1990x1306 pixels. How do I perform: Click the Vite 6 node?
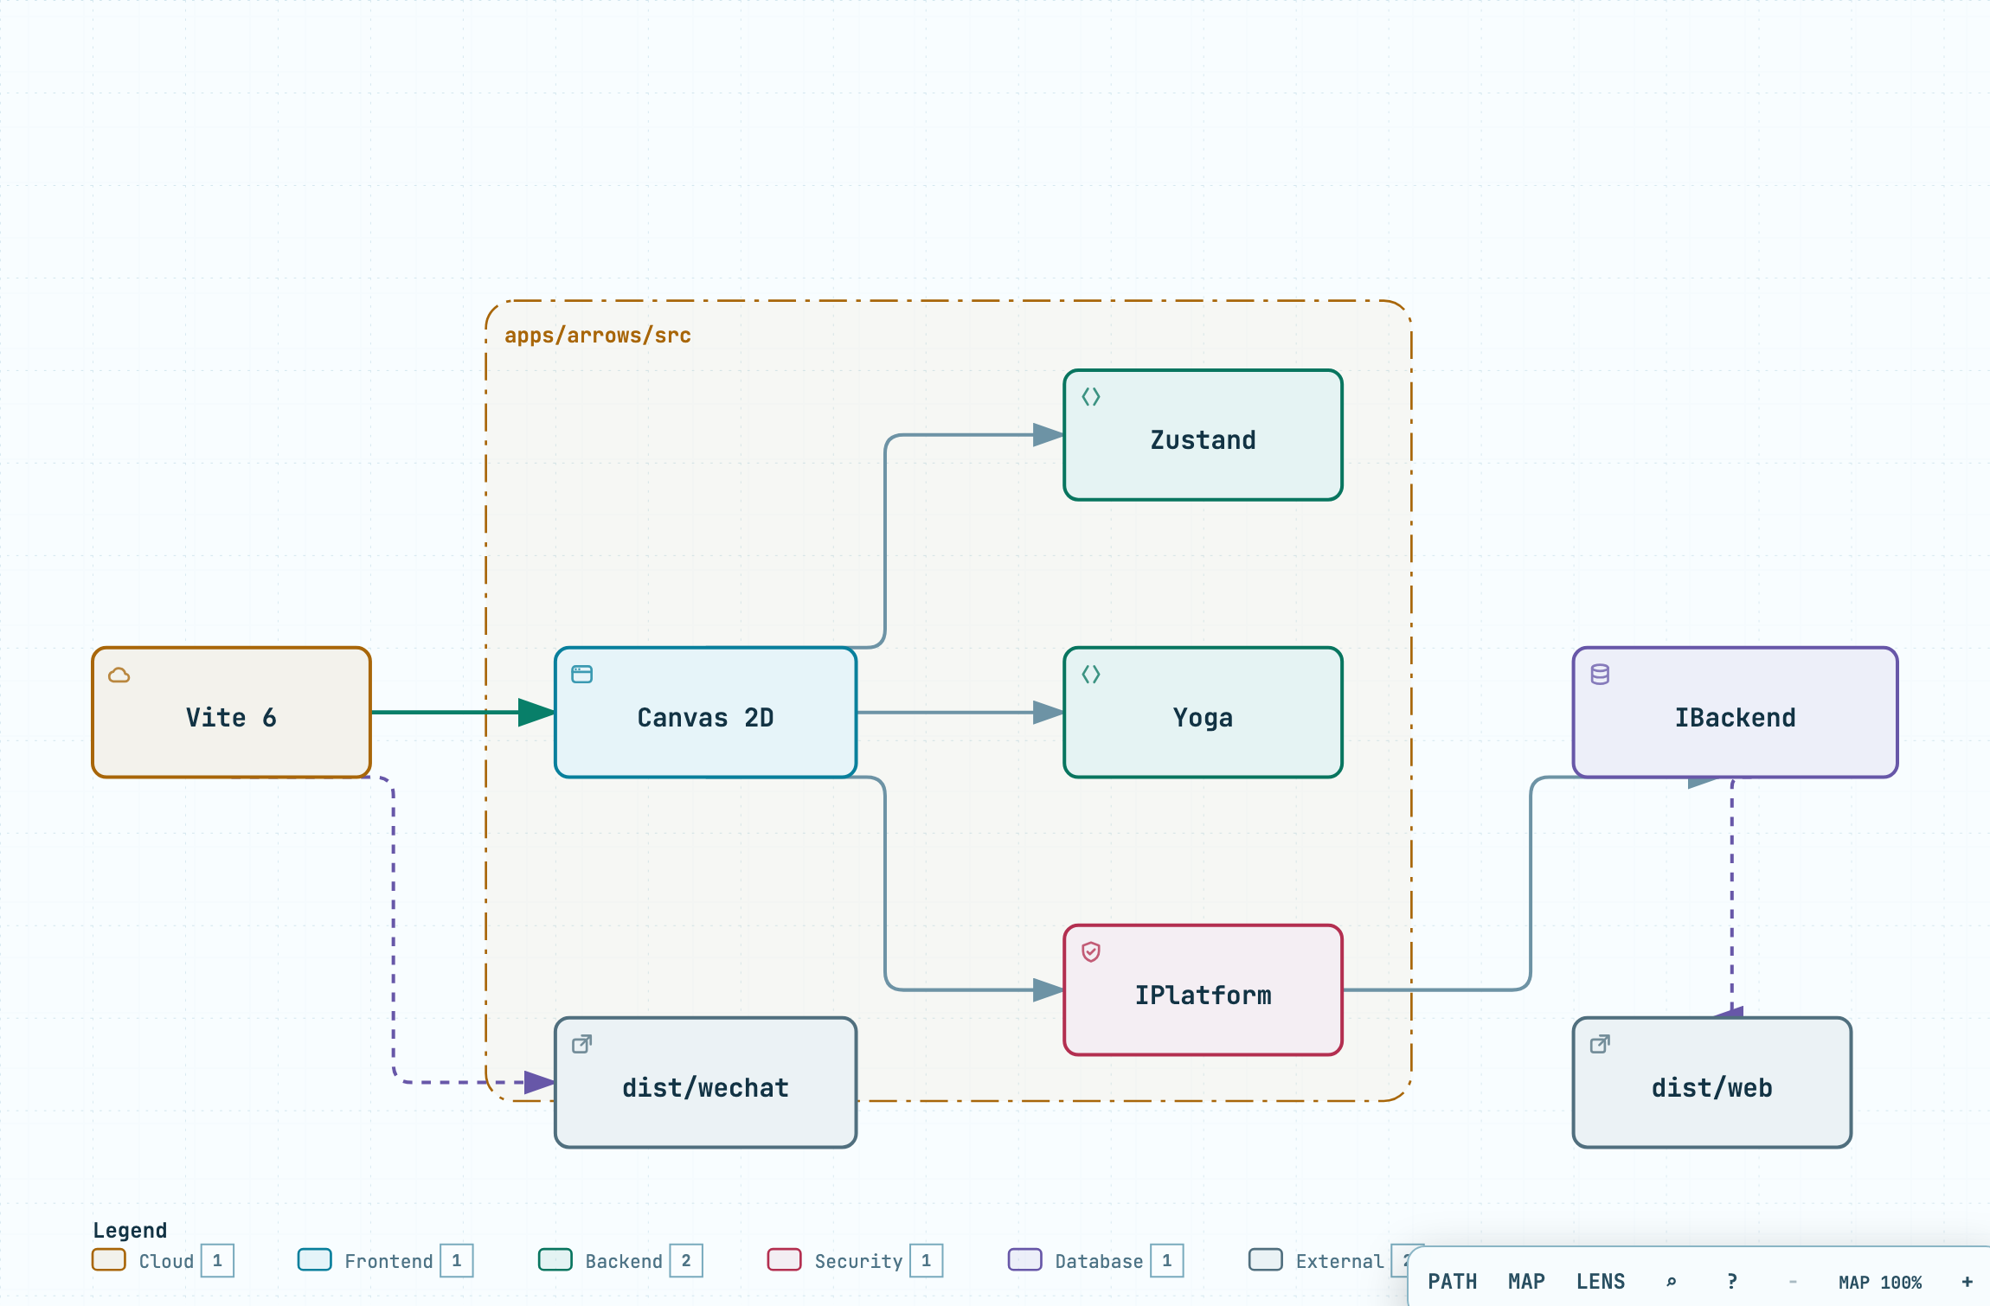(x=231, y=712)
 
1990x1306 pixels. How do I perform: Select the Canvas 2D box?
(x=705, y=712)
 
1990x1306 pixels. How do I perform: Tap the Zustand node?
(x=1203, y=435)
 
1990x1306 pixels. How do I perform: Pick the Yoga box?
(x=1203, y=712)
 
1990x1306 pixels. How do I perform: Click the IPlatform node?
(x=1203, y=989)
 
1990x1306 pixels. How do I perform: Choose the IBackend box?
(x=1735, y=712)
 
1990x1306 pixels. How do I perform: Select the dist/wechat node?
(x=705, y=1082)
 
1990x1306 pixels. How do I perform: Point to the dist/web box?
(x=1711, y=1082)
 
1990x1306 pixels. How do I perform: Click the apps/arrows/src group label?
(x=598, y=336)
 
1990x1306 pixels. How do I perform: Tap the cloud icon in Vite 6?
(x=119, y=675)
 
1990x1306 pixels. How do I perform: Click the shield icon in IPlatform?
(x=1091, y=951)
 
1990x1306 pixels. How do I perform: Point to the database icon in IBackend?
(x=1600, y=675)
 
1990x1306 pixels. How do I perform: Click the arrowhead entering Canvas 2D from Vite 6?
(x=536, y=712)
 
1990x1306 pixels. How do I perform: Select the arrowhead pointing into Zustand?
(x=1049, y=435)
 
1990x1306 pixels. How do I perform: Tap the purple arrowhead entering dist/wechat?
(x=540, y=1082)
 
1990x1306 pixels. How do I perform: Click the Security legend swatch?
(x=784, y=1259)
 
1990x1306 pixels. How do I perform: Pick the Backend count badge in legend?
(x=686, y=1260)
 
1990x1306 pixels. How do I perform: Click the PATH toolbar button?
(x=1453, y=1282)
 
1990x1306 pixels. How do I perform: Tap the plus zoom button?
(x=1967, y=1282)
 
